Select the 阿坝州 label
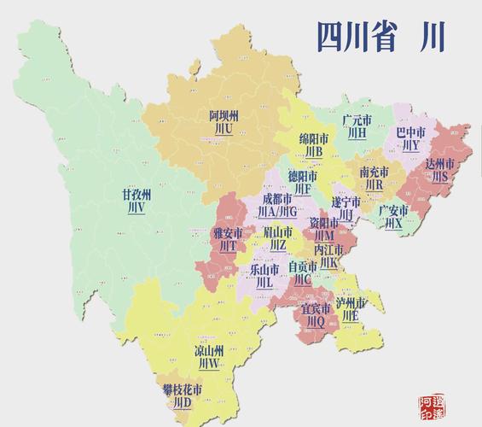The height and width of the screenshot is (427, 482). [x=224, y=114]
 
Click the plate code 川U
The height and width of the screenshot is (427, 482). [x=224, y=129]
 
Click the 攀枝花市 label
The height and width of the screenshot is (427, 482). [x=183, y=389]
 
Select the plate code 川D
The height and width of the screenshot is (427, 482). [x=183, y=403]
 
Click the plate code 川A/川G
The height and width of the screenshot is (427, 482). [x=278, y=211]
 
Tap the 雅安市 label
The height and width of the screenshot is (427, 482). [x=227, y=231]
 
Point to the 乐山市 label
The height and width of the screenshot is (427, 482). [x=264, y=268]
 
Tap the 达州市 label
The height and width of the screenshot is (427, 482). [x=439, y=163]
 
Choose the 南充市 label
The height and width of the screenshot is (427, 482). [x=375, y=172]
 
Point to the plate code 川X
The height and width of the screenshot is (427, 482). [x=393, y=223]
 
